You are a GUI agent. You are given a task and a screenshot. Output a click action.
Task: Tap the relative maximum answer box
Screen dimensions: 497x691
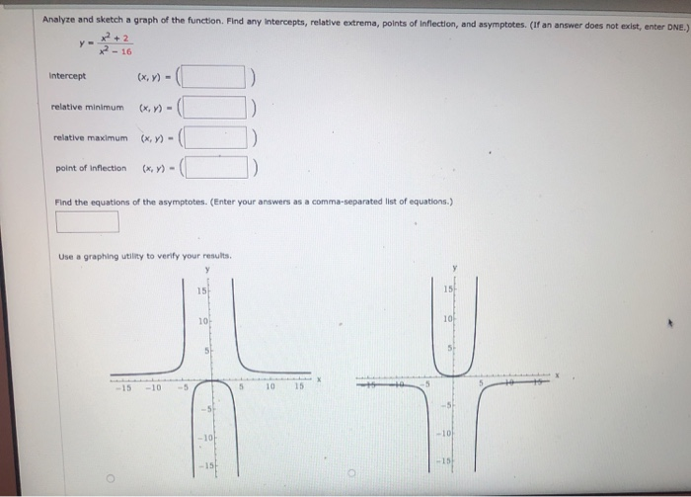coord(217,138)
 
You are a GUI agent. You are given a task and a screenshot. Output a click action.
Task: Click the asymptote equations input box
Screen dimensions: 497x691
coord(88,222)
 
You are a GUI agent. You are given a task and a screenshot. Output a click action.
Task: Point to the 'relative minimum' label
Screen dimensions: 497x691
coord(88,107)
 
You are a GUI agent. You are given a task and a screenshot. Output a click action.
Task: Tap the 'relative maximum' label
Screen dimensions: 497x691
coord(89,138)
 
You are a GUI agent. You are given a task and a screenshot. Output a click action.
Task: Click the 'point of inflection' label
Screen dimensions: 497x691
coord(90,168)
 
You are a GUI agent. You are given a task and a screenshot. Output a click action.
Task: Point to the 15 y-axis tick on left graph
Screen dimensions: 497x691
coord(200,290)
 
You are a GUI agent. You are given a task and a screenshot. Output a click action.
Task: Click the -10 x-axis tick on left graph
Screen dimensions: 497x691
coord(155,387)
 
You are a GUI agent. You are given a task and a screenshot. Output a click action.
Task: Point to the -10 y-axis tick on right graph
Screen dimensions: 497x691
coord(445,433)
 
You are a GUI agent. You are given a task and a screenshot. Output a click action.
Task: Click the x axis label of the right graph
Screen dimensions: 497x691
coord(557,375)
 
